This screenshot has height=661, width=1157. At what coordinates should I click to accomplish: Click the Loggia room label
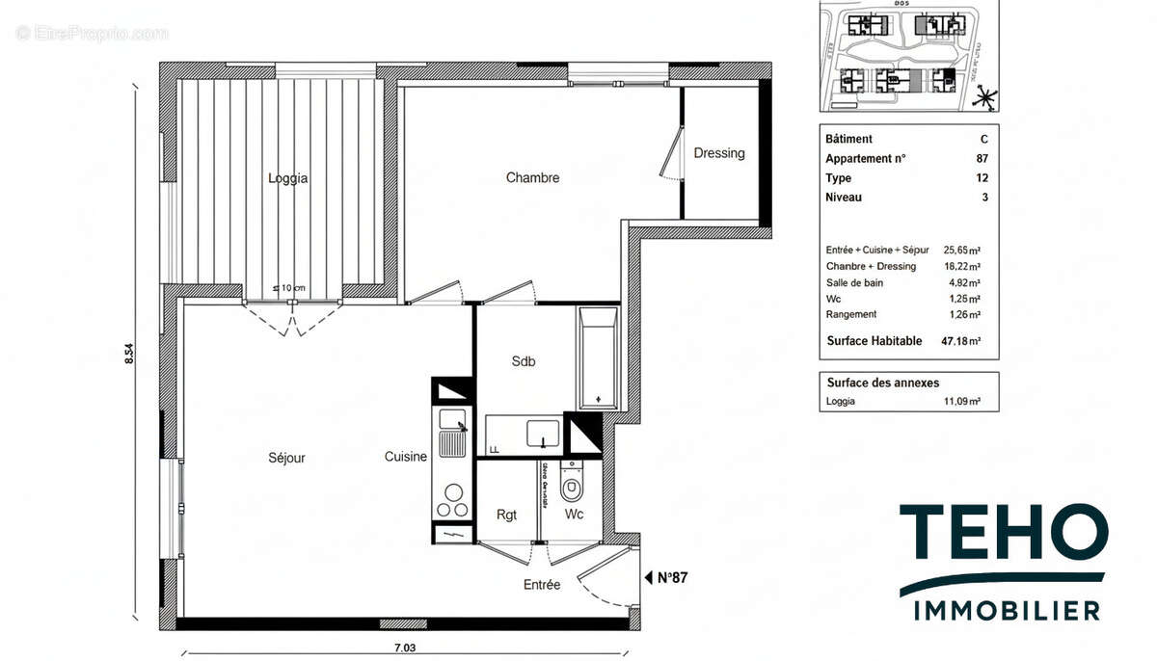tap(287, 178)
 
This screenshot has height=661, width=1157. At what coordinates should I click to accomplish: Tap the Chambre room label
tap(532, 178)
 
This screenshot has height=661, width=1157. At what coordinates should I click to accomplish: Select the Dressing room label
tap(719, 153)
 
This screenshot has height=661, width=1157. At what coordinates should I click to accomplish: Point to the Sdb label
tap(523, 362)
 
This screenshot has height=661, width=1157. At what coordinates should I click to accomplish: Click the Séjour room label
tap(286, 458)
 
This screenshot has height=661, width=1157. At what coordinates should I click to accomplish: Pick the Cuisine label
tap(405, 457)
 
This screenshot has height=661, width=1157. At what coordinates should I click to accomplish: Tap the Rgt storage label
tap(506, 515)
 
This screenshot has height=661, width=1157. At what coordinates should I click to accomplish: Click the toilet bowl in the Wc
tap(573, 488)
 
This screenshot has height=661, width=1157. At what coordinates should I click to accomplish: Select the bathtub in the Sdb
tap(598, 358)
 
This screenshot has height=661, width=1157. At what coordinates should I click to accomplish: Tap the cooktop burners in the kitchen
tap(452, 499)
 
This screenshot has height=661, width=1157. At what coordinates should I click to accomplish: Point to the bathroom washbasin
tap(544, 434)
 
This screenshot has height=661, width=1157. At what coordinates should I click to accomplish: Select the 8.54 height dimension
tap(129, 355)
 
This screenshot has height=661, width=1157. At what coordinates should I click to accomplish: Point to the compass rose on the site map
tap(983, 96)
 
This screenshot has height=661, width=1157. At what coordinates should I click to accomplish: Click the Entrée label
tap(541, 584)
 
